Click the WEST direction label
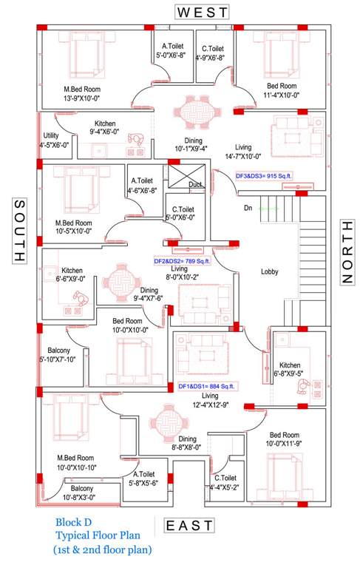pos(202,12)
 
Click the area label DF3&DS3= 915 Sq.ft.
pos(264,175)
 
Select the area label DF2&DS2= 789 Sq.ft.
pos(183,261)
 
